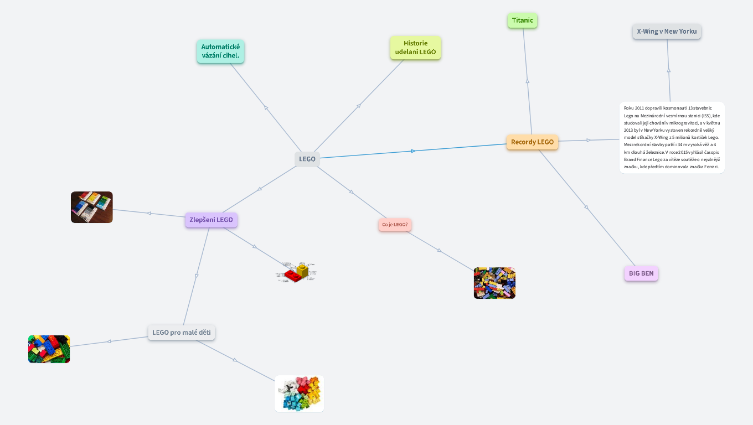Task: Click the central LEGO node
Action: pyautogui.click(x=307, y=159)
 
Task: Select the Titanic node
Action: pyautogui.click(x=522, y=20)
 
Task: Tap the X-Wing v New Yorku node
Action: pyautogui.click(x=667, y=32)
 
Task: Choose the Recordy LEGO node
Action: pyautogui.click(x=532, y=142)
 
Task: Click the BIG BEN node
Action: pyautogui.click(x=641, y=273)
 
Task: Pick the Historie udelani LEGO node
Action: pyautogui.click(x=415, y=48)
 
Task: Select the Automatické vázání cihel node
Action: pyautogui.click(x=220, y=51)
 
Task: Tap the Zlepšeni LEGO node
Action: pyautogui.click(x=211, y=220)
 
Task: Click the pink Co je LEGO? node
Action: pyautogui.click(x=395, y=225)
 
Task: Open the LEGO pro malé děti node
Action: pyautogui.click(x=182, y=333)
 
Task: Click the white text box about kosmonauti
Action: pyautogui.click(x=672, y=138)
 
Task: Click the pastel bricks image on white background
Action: pyautogui.click(x=300, y=394)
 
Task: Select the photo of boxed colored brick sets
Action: pyautogui.click(x=92, y=207)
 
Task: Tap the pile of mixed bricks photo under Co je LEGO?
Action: pyautogui.click(x=494, y=283)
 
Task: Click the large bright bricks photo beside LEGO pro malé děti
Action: pyautogui.click(x=49, y=349)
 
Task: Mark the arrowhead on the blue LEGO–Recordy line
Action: pyautogui.click(x=413, y=151)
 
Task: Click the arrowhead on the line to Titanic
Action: pyautogui.click(x=527, y=81)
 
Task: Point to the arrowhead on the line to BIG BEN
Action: pyautogui.click(x=586, y=208)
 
